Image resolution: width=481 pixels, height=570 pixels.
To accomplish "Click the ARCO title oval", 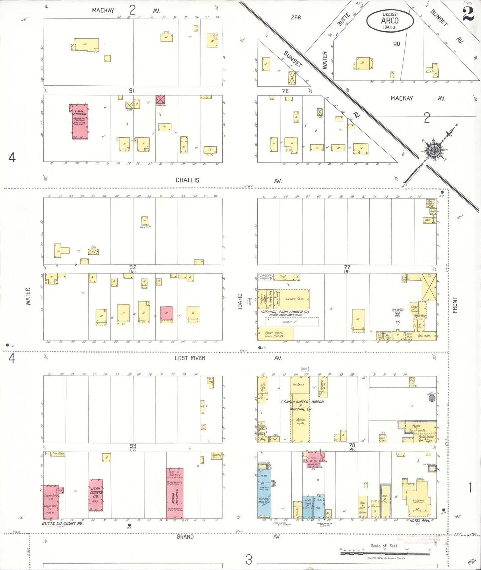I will [x=390, y=21].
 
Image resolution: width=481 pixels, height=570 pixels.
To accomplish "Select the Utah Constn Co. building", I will [x=96, y=495].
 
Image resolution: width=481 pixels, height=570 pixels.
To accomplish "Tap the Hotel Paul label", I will [x=420, y=520].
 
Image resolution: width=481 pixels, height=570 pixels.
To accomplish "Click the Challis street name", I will [x=187, y=180].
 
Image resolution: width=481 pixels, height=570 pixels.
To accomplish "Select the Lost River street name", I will [x=190, y=358].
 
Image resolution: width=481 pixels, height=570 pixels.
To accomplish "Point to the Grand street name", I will [x=185, y=536].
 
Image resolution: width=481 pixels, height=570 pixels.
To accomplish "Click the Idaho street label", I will [x=240, y=301].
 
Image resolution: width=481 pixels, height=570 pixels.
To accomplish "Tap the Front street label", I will [x=455, y=305].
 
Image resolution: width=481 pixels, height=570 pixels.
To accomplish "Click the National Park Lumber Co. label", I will [x=285, y=312].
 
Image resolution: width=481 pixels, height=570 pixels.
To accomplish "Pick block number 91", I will [x=132, y=90].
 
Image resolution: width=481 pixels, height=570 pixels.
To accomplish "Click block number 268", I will [x=296, y=17].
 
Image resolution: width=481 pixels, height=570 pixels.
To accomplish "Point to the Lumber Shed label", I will [x=294, y=299].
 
